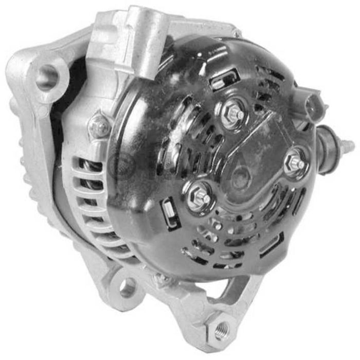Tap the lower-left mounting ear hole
tap(128, 286)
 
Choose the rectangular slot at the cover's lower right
tap(271, 245)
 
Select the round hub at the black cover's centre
tap(240, 177)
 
